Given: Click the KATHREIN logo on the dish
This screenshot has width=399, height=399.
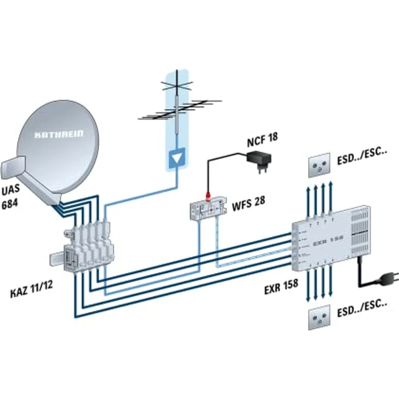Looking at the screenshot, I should pyautogui.click(x=58, y=134).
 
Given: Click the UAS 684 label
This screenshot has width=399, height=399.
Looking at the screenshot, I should pyautogui.click(x=12, y=198).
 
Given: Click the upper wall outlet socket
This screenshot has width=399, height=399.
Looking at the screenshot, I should pyautogui.click(x=318, y=166).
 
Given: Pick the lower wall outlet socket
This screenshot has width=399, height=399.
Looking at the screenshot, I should pyautogui.click(x=318, y=318).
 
